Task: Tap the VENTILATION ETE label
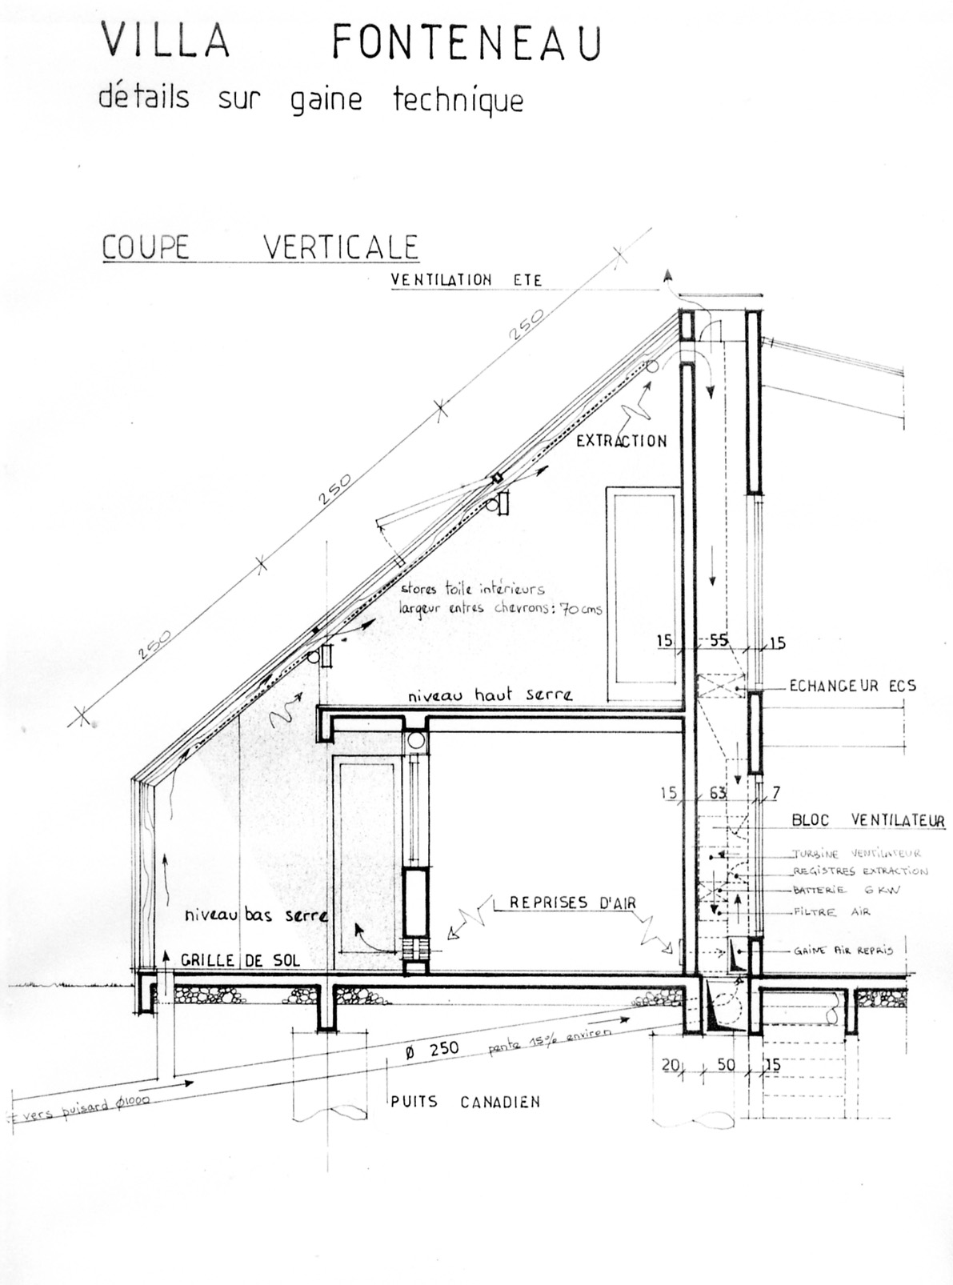coord(466,281)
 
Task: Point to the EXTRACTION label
coord(622,440)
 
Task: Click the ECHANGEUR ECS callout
coord(852,686)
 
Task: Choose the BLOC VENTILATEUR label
coord(867,820)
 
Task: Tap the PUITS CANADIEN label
coord(465,1102)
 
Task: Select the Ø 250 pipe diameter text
coord(432,1049)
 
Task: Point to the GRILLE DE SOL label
coord(240,959)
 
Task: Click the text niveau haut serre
coord(490,695)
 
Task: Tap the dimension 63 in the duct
coord(718,793)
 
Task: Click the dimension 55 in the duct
coord(719,640)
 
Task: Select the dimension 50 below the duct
coord(726,1064)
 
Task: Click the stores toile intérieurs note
coord(472,589)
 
